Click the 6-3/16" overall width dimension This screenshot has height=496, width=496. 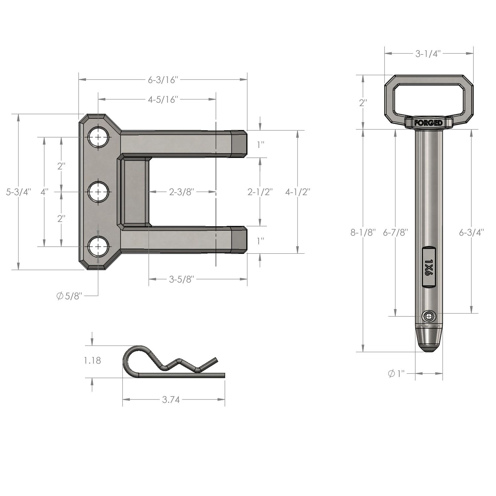(x=163, y=80)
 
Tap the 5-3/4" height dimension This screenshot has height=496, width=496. (x=19, y=192)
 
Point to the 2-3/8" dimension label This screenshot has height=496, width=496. (x=182, y=192)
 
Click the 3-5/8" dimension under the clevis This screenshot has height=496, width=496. (x=181, y=279)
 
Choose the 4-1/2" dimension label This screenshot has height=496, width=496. (x=298, y=192)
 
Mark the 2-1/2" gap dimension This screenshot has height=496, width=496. (x=260, y=192)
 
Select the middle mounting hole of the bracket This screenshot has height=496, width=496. (x=98, y=192)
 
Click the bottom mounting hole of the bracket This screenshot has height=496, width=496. (x=98, y=247)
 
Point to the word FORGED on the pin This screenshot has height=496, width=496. (x=429, y=123)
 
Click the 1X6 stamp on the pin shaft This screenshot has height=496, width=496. (x=429, y=268)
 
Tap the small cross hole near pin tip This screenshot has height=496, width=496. (x=429, y=316)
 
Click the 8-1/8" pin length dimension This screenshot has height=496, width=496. (x=363, y=233)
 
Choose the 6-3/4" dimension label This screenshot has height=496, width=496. (x=471, y=233)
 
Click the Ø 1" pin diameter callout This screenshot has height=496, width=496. (x=396, y=374)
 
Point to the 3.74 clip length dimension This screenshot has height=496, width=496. (x=171, y=400)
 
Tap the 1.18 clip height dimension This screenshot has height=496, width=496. (x=92, y=360)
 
